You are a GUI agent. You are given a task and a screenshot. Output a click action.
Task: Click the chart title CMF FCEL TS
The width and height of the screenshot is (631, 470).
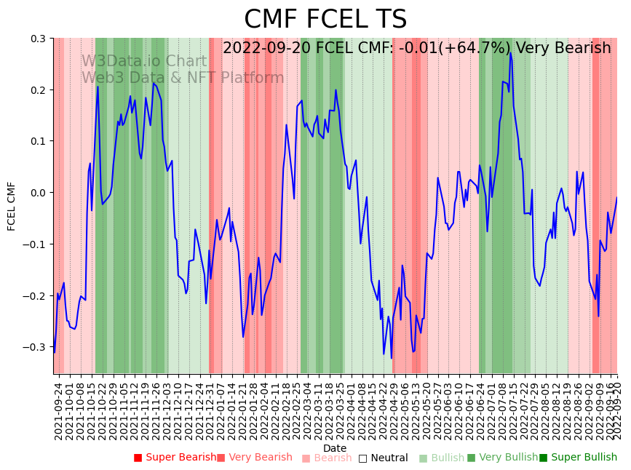(x=325, y=20)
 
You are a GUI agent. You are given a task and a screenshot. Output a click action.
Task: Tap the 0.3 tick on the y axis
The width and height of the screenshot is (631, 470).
(x=38, y=39)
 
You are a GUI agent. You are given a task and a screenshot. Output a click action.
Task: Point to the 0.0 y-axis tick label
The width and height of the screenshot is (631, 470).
(x=38, y=193)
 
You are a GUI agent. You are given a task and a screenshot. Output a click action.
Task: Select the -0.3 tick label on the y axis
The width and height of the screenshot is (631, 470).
(x=36, y=347)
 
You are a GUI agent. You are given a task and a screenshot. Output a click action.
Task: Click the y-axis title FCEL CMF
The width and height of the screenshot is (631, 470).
(x=12, y=206)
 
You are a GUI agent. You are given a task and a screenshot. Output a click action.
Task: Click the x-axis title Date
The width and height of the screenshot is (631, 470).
(x=335, y=448)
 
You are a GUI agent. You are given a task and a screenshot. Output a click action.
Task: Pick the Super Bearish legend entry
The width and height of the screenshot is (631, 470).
(x=175, y=458)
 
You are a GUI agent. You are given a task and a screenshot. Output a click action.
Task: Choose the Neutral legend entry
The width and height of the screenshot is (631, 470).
(x=384, y=458)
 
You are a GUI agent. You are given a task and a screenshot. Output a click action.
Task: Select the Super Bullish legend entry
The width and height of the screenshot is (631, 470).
(x=578, y=458)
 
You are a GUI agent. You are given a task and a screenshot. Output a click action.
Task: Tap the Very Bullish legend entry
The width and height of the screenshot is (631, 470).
(x=503, y=458)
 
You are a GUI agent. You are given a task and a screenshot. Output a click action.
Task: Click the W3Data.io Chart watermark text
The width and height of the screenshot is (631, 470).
(x=144, y=62)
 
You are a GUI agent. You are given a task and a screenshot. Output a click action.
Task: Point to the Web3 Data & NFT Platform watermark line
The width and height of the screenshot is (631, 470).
(x=183, y=79)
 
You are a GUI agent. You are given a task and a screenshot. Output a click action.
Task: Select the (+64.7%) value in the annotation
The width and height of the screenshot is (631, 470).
(x=499, y=49)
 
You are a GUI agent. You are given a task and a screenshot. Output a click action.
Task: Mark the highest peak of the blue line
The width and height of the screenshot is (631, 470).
(x=510, y=53)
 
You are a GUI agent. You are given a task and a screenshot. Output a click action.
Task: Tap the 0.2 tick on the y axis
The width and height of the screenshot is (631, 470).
(x=38, y=90)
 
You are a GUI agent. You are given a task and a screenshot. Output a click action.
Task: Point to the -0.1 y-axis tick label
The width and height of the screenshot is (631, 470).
(x=36, y=244)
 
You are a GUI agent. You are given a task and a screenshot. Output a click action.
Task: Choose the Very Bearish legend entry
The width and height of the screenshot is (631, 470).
(x=255, y=458)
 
